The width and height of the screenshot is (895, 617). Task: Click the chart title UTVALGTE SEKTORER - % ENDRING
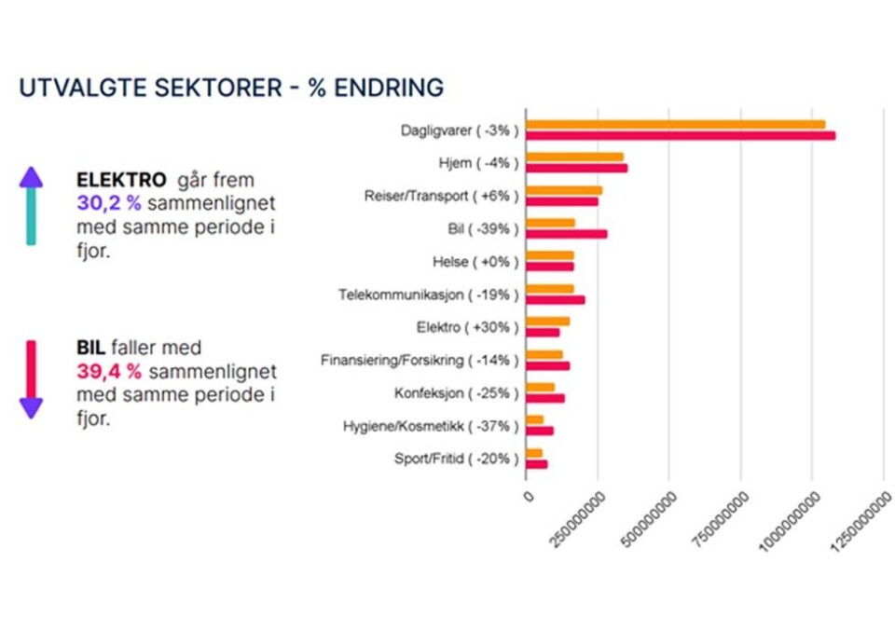coord(231,89)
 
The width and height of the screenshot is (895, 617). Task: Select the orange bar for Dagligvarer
coord(675,124)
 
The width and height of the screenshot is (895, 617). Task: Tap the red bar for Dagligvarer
coord(681,135)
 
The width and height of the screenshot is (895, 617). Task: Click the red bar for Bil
coord(566,234)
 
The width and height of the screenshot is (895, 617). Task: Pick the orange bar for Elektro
coord(547,322)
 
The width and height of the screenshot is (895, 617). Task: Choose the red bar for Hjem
coord(576,169)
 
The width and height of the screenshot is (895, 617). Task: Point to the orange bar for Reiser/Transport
coord(564,190)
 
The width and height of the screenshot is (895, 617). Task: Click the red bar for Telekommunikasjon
coord(555,300)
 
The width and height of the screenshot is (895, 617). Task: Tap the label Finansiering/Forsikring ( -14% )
coord(420,360)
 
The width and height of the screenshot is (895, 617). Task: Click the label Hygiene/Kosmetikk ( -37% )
coord(431,426)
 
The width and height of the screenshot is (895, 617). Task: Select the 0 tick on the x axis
coord(529,497)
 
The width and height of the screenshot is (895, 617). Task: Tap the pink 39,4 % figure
coord(109,372)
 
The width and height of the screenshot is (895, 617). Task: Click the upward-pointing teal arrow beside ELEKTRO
coord(31,206)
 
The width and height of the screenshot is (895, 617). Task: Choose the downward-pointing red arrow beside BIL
coord(31,378)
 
